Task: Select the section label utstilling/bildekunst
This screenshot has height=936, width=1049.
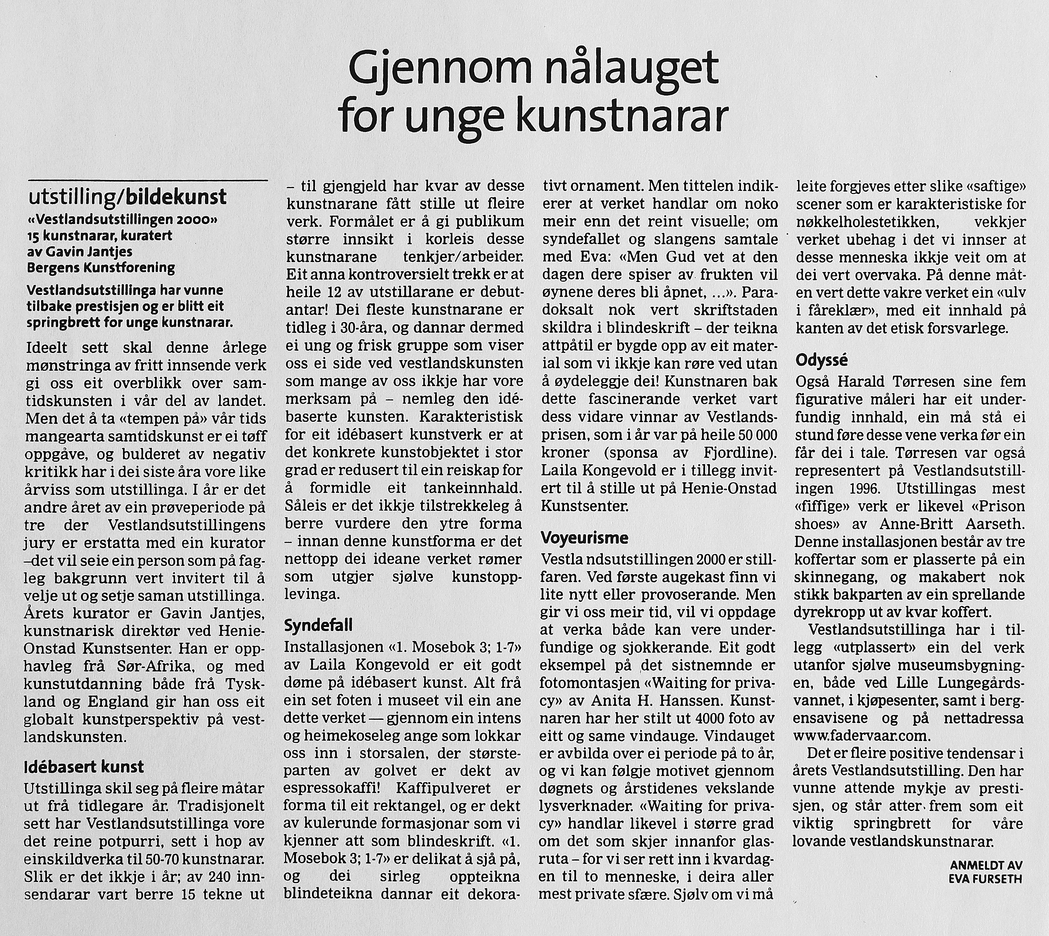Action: (x=128, y=197)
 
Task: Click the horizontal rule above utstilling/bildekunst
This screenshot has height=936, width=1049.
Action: (x=148, y=180)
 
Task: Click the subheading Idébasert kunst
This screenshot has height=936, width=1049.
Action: (x=84, y=767)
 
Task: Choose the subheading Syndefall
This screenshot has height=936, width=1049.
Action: (x=318, y=625)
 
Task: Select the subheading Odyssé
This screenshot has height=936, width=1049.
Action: (x=821, y=360)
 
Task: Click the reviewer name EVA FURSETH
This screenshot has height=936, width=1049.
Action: (x=985, y=879)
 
